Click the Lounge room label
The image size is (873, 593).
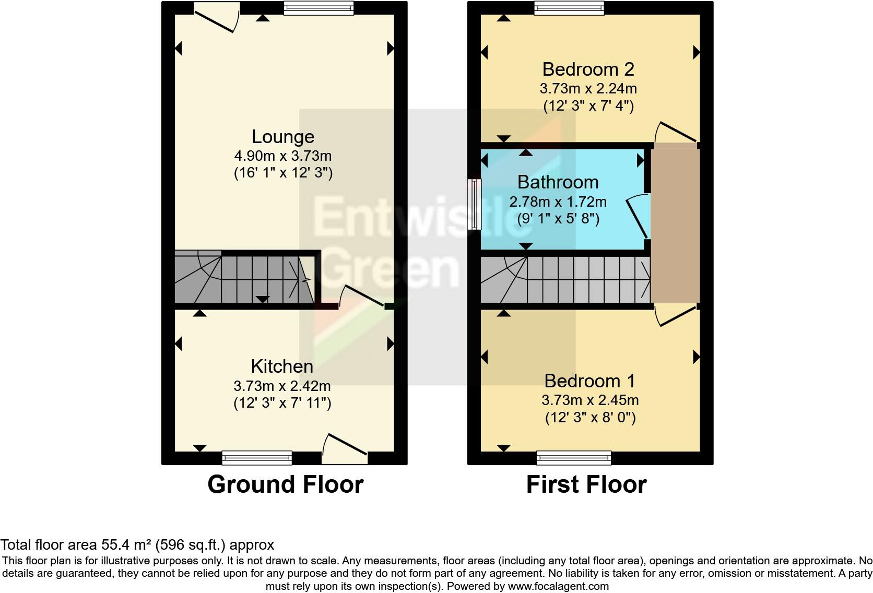tap(282, 137)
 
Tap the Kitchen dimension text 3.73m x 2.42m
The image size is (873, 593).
tap(282, 387)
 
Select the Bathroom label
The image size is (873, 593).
tap(558, 182)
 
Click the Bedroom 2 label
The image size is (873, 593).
tap(588, 69)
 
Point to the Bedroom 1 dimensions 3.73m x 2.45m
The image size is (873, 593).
tap(590, 400)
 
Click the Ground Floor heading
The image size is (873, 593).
tap(285, 484)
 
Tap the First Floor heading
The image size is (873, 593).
tap(586, 484)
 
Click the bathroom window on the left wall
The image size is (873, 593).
tap(474, 204)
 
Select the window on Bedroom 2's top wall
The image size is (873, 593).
tap(569, 8)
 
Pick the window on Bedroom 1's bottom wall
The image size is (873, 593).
tap(574, 458)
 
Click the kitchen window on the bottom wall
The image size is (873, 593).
tap(257, 458)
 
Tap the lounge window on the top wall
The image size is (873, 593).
tap(318, 7)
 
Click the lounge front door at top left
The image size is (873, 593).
tap(217, 17)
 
